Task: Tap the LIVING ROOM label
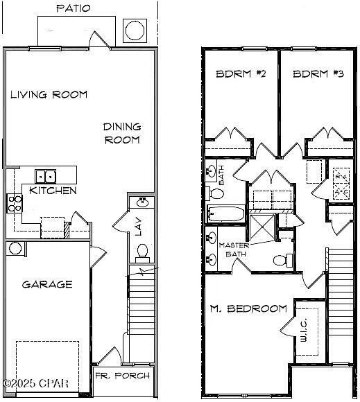pos(49,94)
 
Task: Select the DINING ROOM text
pos(122,133)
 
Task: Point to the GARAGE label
pos(46,284)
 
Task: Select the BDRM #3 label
pos(314,74)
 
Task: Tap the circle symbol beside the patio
pos(134,30)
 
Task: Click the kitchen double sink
pos(46,176)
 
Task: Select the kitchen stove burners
pos(15,203)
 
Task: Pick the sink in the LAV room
pos(142,203)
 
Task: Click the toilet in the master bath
pos(278,261)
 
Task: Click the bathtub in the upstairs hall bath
pos(226,214)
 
